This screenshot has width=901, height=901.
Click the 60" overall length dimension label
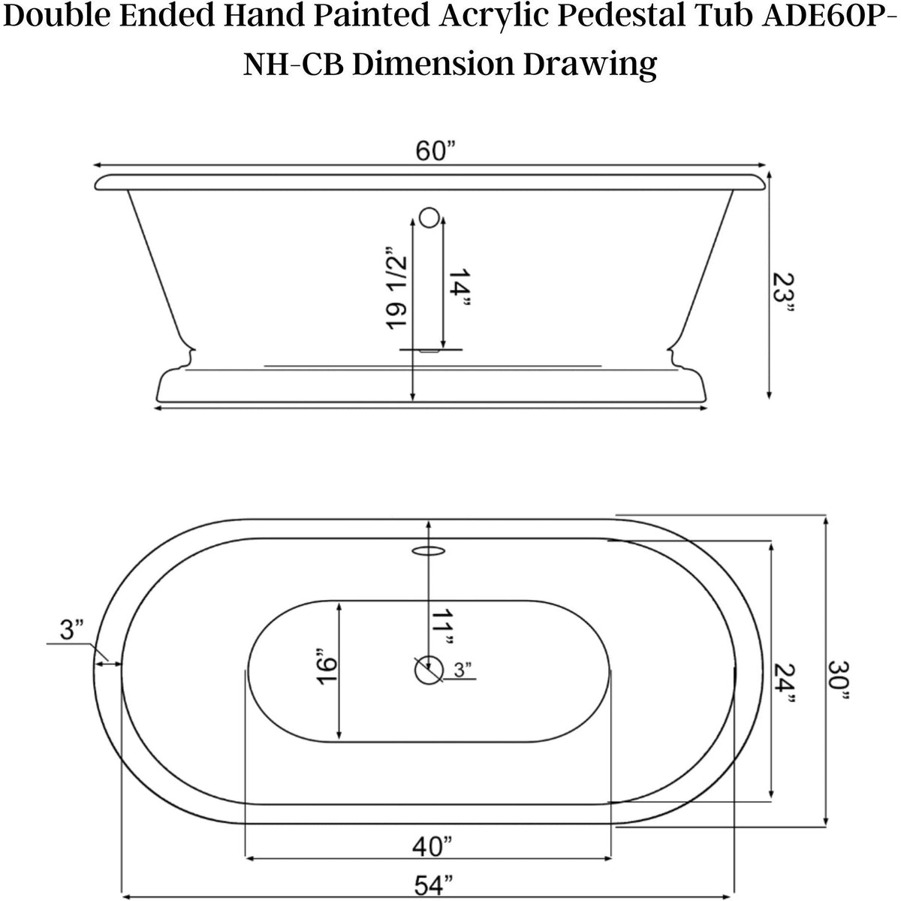pos(436,151)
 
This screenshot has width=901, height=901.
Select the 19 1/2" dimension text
pos(396,288)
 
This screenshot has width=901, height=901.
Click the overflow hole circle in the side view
pos(428,218)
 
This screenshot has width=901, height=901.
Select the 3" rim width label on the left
pos(72,629)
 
